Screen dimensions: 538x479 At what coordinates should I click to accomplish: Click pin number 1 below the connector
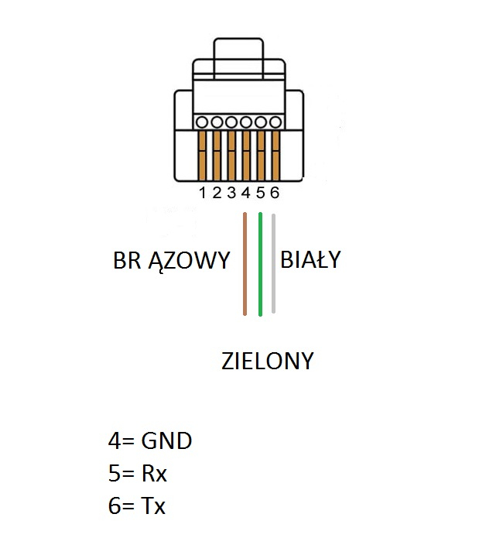pyautogui.click(x=203, y=193)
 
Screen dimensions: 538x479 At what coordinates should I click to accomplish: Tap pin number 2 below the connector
pyautogui.click(x=217, y=193)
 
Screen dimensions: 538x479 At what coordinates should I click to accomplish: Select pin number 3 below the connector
pyautogui.click(x=231, y=193)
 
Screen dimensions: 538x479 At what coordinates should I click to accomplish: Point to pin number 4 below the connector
pyautogui.click(x=245, y=193)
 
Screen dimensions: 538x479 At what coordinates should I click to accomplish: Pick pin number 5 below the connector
pyautogui.click(x=260, y=193)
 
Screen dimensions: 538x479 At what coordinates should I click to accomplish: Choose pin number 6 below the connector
pyautogui.click(x=274, y=193)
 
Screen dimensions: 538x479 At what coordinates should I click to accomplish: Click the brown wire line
pyautogui.click(x=245, y=263)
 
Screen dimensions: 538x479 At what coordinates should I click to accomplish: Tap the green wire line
pyautogui.click(x=261, y=263)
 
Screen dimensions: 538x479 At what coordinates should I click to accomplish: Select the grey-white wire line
pyautogui.click(x=274, y=263)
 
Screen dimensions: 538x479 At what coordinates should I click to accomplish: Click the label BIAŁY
pyautogui.click(x=310, y=260)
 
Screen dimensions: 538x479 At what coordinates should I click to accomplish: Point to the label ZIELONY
pyautogui.click(x=267, y=361)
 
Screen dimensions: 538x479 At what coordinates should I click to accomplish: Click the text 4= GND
pyautogui.click(x=149, y=441)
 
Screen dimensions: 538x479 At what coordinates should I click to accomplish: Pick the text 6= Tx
pyautogui.click(x=137, y=506)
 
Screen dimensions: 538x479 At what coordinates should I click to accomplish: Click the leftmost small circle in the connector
pyautogui.click(x=203, y=122)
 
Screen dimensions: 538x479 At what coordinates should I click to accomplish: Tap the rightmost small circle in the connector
pyautogui.click(x=273, y=122)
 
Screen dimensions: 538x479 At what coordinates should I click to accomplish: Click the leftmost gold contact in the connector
pyautogui.click(x=203, y=155)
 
